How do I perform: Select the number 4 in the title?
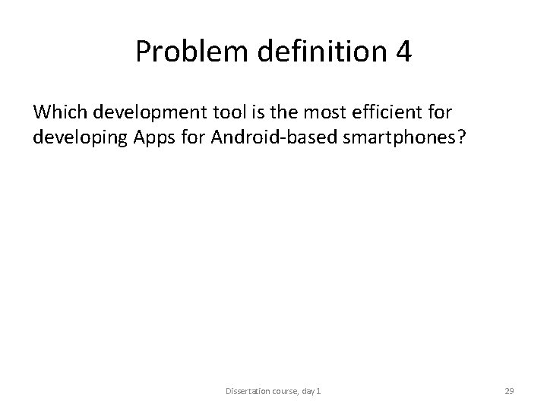(x=403, y=51)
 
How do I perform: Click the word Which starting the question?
(x=59, y=112)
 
